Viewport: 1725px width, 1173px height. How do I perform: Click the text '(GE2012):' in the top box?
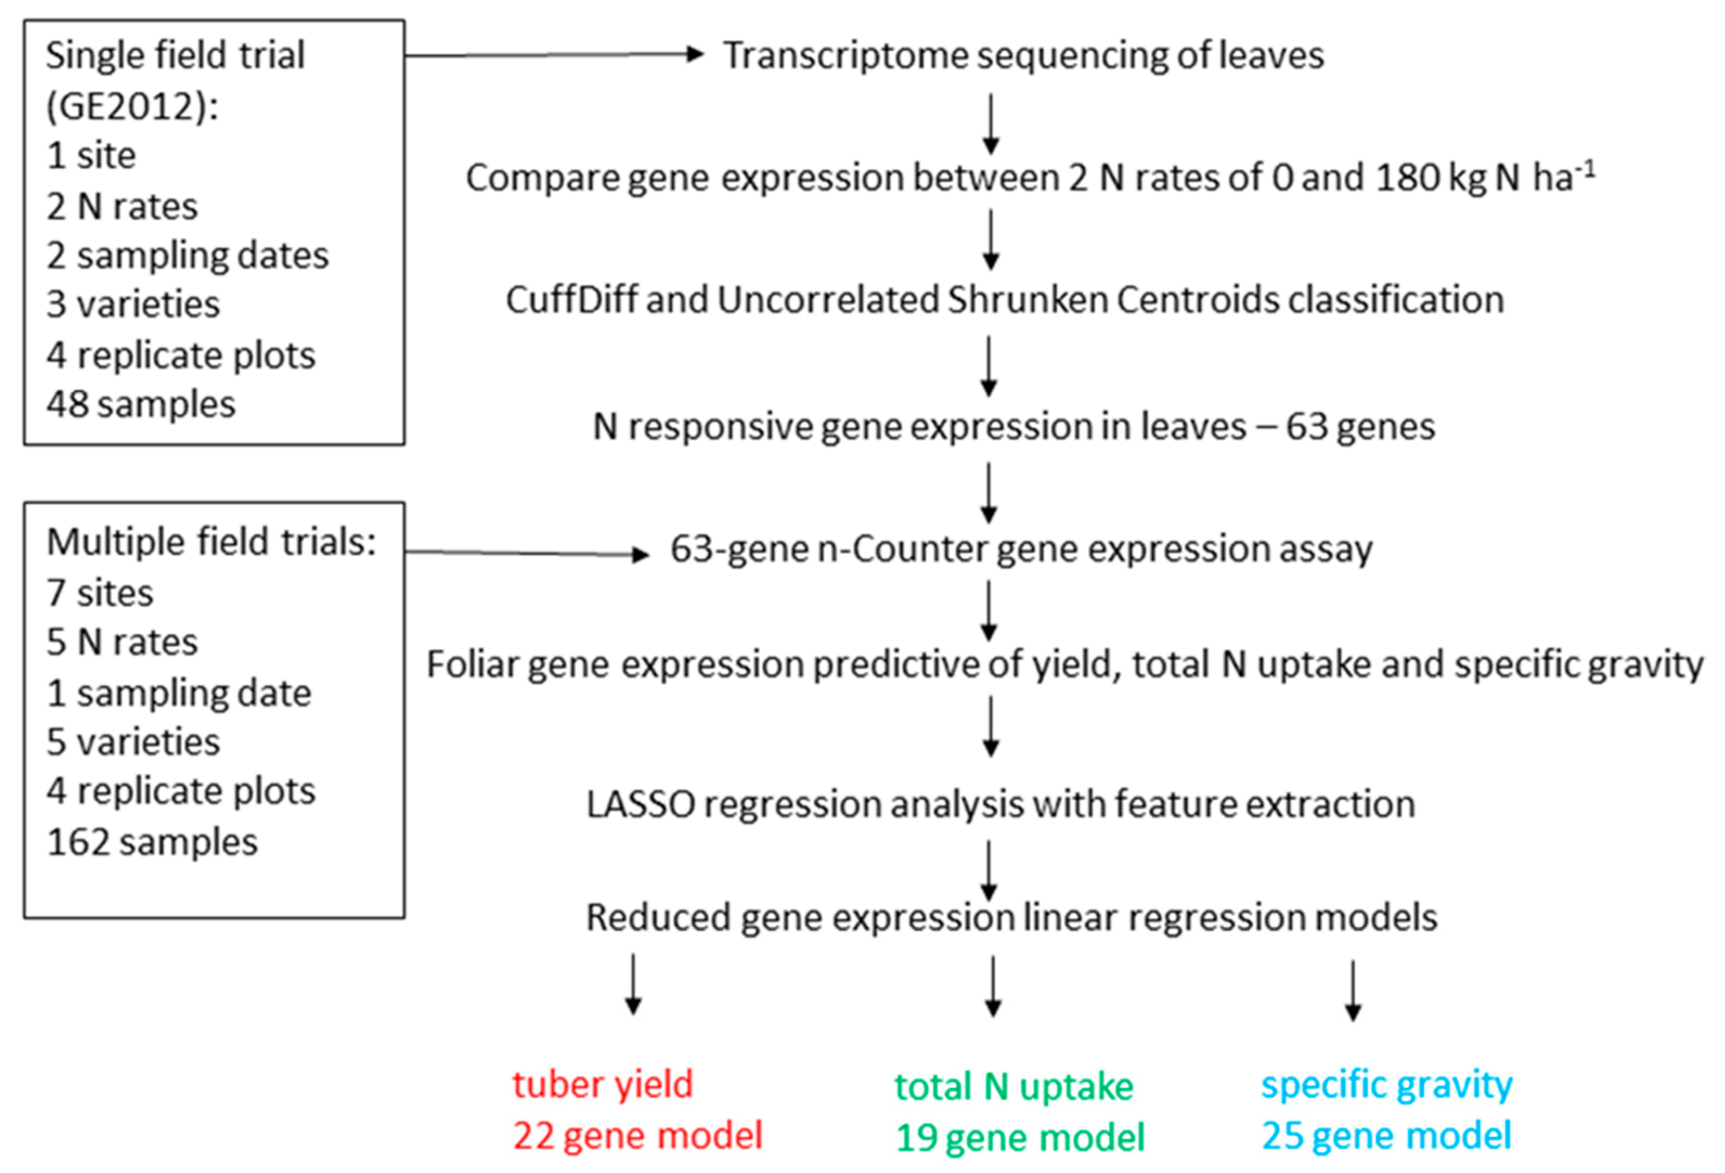click(x=132, y=106)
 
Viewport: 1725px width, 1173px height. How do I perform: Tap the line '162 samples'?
click(x=152, y=843)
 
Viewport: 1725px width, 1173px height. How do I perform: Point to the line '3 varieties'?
click(x=134, y=304)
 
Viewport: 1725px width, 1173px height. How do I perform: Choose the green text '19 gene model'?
click(x=1020, y=1138)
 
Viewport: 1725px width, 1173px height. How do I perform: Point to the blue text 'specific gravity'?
click(x=1387, y=1085)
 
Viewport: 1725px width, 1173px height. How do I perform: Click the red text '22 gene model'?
click(x=638, y=1136)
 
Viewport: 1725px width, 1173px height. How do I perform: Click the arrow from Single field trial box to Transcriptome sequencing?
click(x=553, y=54)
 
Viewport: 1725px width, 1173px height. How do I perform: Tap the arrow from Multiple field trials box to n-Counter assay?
click(x=527, y=553)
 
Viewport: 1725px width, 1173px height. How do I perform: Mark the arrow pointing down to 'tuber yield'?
click(x=633, y=984)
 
